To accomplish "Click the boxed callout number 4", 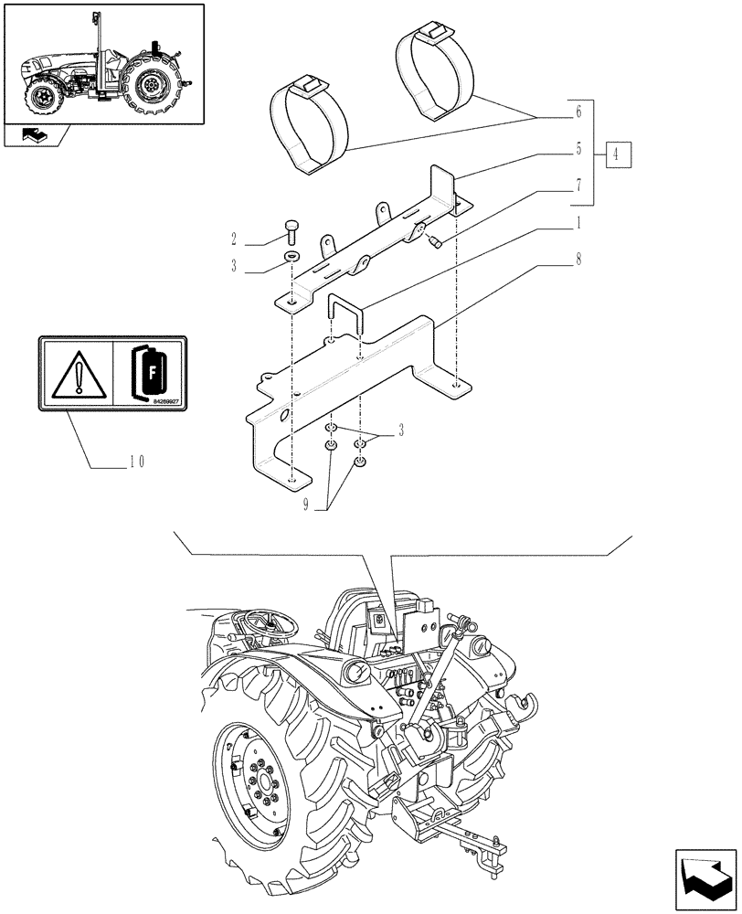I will click(x=617, y=154).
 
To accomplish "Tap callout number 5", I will click(x=578, y=149).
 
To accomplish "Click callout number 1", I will click(x=578, y=222).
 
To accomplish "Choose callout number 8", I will click(x=578, y=259).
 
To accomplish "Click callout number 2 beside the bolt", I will click(x=234, y=240).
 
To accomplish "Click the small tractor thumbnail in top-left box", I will click(x=102, y=64).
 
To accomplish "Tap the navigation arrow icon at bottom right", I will click(x=705, y=879).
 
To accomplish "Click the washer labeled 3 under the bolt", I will click(x=291, y=257).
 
